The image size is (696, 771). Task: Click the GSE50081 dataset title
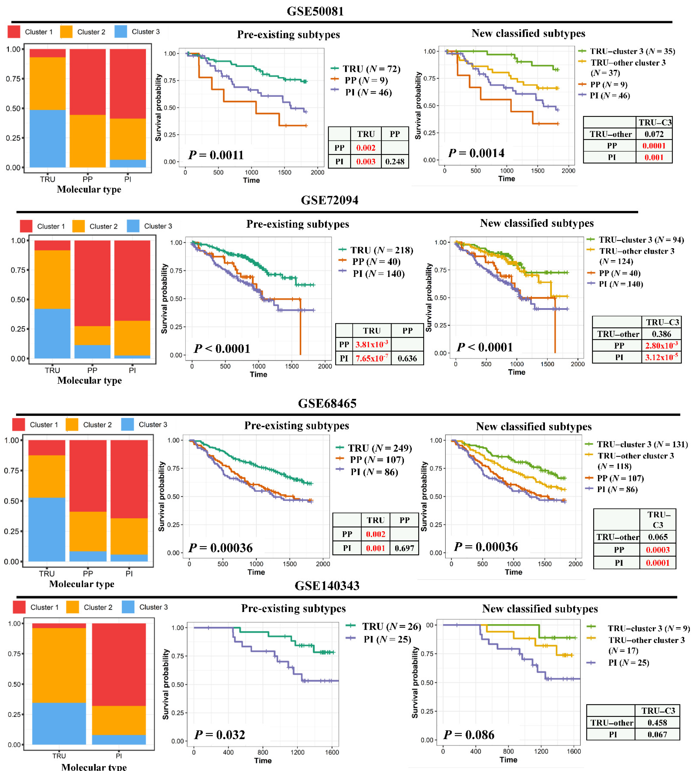[x=315, y=11]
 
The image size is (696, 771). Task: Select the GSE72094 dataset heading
[x=329, y=200]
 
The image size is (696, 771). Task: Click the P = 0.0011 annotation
[x=216, y=155]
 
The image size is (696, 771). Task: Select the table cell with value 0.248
[x=394, y=161]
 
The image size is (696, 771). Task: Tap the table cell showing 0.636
[x=407, y=358]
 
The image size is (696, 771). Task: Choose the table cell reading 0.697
[x=404, y=548]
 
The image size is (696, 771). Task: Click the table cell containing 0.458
[x=657, y=722]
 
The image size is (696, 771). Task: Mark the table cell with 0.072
[x=654, y=134]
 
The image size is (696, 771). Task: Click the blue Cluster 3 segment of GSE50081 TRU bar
[x=47, y=139]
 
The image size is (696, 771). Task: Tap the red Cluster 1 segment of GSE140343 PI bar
[x=119, y=664]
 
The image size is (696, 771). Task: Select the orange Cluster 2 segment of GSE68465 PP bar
[x=88, y=531]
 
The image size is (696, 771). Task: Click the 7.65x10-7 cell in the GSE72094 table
[x=371, y=358]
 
